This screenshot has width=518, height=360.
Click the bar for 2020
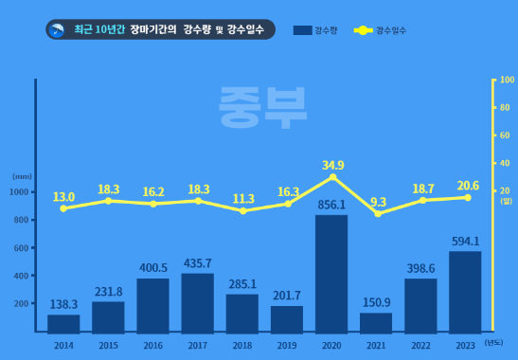point(331,274)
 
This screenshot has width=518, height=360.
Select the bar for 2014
point(63,323)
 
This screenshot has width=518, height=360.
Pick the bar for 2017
point(197,302)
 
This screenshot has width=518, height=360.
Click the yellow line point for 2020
point(331,177)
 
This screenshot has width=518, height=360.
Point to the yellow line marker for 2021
point(377,214)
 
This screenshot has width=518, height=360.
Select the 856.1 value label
point(331,204)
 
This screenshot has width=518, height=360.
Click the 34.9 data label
point(332,165)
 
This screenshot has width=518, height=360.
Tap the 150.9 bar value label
point(376,302)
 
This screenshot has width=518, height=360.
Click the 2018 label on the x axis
point(241,346)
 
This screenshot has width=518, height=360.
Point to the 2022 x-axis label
point(420,346)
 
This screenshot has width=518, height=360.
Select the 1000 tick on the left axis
point(19,192)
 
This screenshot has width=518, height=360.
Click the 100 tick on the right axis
point(506,81)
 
